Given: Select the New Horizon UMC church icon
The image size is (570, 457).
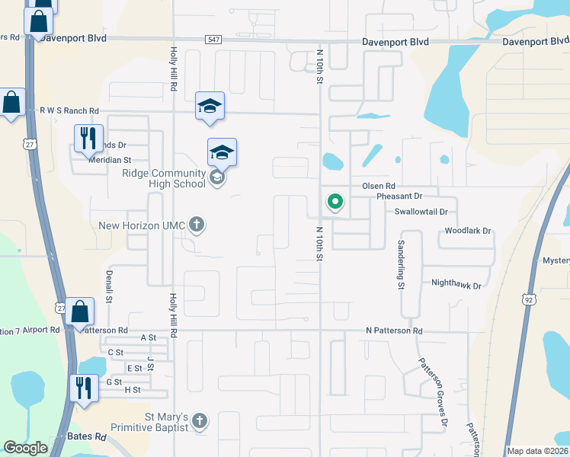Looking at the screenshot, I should click(x=197, y=225).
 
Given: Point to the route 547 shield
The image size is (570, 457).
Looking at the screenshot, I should click(x=213, y=40).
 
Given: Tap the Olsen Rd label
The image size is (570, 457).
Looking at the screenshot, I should click(x=378, y=186).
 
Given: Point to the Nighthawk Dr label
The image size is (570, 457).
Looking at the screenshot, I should click(x=456, y=286).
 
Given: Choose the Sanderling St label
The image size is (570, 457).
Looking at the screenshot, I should click(x=400, y=264).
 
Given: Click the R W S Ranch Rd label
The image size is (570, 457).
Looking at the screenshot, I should click(x=69, y=110).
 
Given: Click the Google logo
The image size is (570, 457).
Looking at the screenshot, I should click(x=25, y=449).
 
